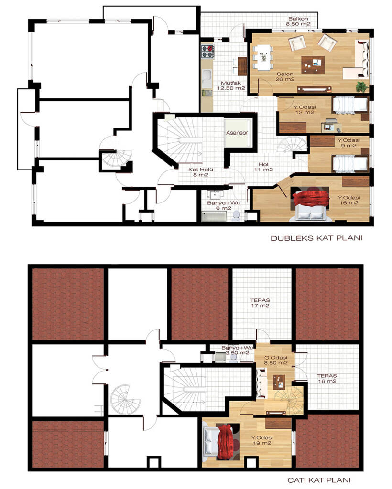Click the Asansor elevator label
tap(237, 133)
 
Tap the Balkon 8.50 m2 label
tap(298, 21)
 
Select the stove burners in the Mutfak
tap(207, 52)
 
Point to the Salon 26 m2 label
tap(285, 77)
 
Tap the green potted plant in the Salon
tap(361, 86)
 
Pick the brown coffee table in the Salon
tap(313, 64)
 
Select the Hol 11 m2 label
tap(263, 167)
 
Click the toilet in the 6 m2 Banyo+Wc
tap(236, 216)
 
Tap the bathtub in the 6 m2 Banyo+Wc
tap(214, 216)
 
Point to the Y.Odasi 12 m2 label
tap(305, 110)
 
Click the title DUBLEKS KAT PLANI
tap(316, 238)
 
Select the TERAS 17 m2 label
tap(260, 303)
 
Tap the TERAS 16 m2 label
tap(327, 379)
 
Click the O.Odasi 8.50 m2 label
tap(276, 360)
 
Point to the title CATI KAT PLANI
tap(319, 480)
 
